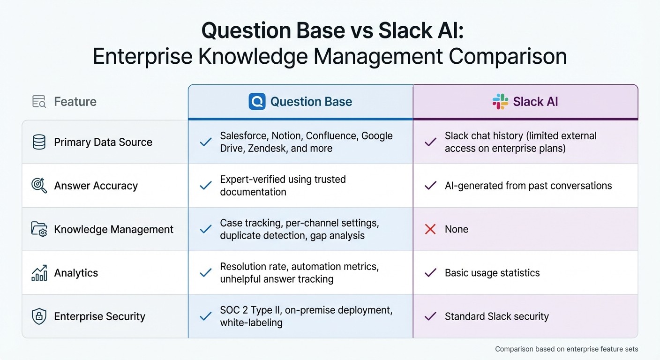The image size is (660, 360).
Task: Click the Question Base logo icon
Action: point(257,101)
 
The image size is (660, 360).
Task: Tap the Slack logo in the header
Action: point(500,101)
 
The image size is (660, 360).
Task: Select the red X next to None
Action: point(430,229)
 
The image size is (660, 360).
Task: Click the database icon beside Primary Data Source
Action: point(39,142)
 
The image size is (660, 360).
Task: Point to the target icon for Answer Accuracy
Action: point(39,186)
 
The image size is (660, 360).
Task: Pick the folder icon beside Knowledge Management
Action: point(39,229)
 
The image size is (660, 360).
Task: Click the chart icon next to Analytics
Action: point(39,273)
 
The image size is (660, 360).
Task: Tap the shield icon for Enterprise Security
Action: point(39,316)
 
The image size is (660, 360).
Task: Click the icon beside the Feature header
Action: point(39,101)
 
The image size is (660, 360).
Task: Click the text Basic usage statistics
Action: point(492,273)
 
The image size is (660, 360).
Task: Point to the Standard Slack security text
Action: point(496,316)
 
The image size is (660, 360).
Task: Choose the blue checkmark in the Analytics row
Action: point(205,273)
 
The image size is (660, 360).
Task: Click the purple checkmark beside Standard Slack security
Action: point(430,316)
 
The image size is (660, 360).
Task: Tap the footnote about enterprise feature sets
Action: point(566,349)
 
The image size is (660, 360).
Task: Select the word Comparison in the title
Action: point(508,56)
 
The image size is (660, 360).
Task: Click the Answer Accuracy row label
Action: point(96,186)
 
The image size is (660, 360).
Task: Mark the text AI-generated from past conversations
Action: point(528,186)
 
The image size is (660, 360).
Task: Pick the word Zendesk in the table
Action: point(258,148)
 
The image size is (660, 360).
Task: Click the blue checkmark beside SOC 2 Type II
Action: point(205,316)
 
